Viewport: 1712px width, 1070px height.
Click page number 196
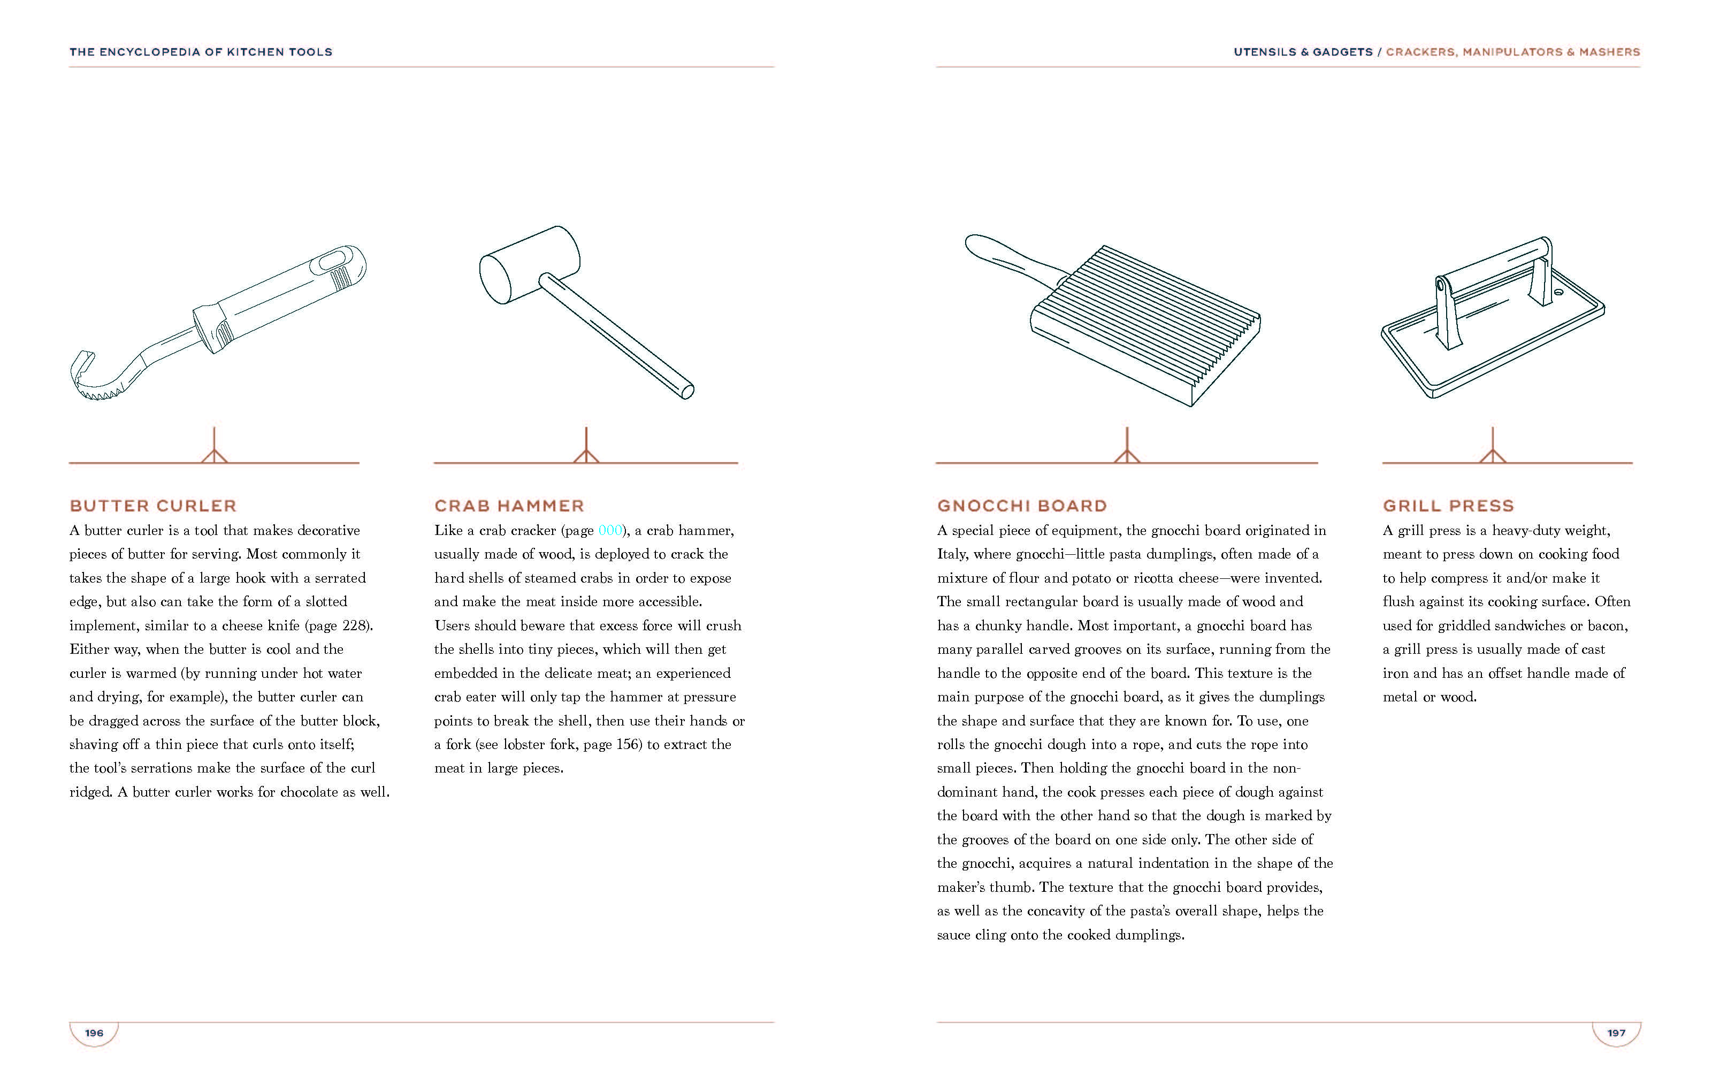[x=94, y=1033]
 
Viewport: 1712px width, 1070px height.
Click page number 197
[x=1616, y=1033]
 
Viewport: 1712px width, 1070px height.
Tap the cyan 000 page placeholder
[x=610, y=531]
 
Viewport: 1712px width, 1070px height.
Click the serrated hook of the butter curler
[x=96, y=386]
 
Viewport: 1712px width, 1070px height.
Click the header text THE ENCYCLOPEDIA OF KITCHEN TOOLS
[x=201, y=52]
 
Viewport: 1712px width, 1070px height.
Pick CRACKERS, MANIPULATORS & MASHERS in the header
[x=1512, y=52]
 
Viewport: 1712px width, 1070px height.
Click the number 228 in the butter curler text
[x=354, y=625]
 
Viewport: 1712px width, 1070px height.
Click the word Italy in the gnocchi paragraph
[x=952, y=554]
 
